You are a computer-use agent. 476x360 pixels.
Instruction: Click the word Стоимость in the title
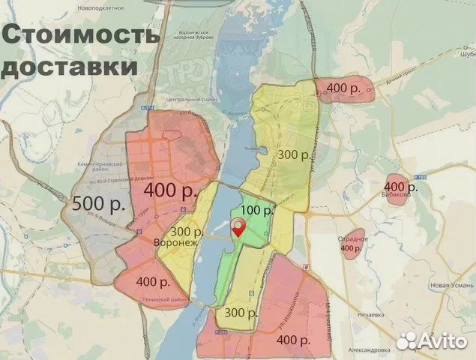(79, 34)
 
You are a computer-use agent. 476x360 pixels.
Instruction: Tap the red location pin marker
(239, 228)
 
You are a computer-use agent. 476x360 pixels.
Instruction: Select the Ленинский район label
(163, 299)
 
